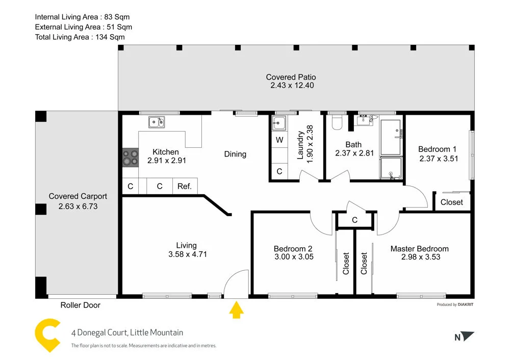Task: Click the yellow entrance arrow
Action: [236, 310]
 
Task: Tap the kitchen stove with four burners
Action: [131, 157]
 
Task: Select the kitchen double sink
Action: [157, 122]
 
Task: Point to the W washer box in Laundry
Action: [279, 140]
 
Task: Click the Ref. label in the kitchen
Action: [185, 187]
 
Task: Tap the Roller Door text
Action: [81, 305]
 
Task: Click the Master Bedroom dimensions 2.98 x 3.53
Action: [420, 257]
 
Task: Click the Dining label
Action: [235, 154]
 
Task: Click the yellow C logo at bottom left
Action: [47, 335]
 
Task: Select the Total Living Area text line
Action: [80, 37]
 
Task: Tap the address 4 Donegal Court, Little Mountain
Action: [127, 333]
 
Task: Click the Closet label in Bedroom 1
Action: [451, 202]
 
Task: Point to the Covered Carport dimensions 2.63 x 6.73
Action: [78, 207]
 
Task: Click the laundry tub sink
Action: [279, 123]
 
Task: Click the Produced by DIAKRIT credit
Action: [455, 305]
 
